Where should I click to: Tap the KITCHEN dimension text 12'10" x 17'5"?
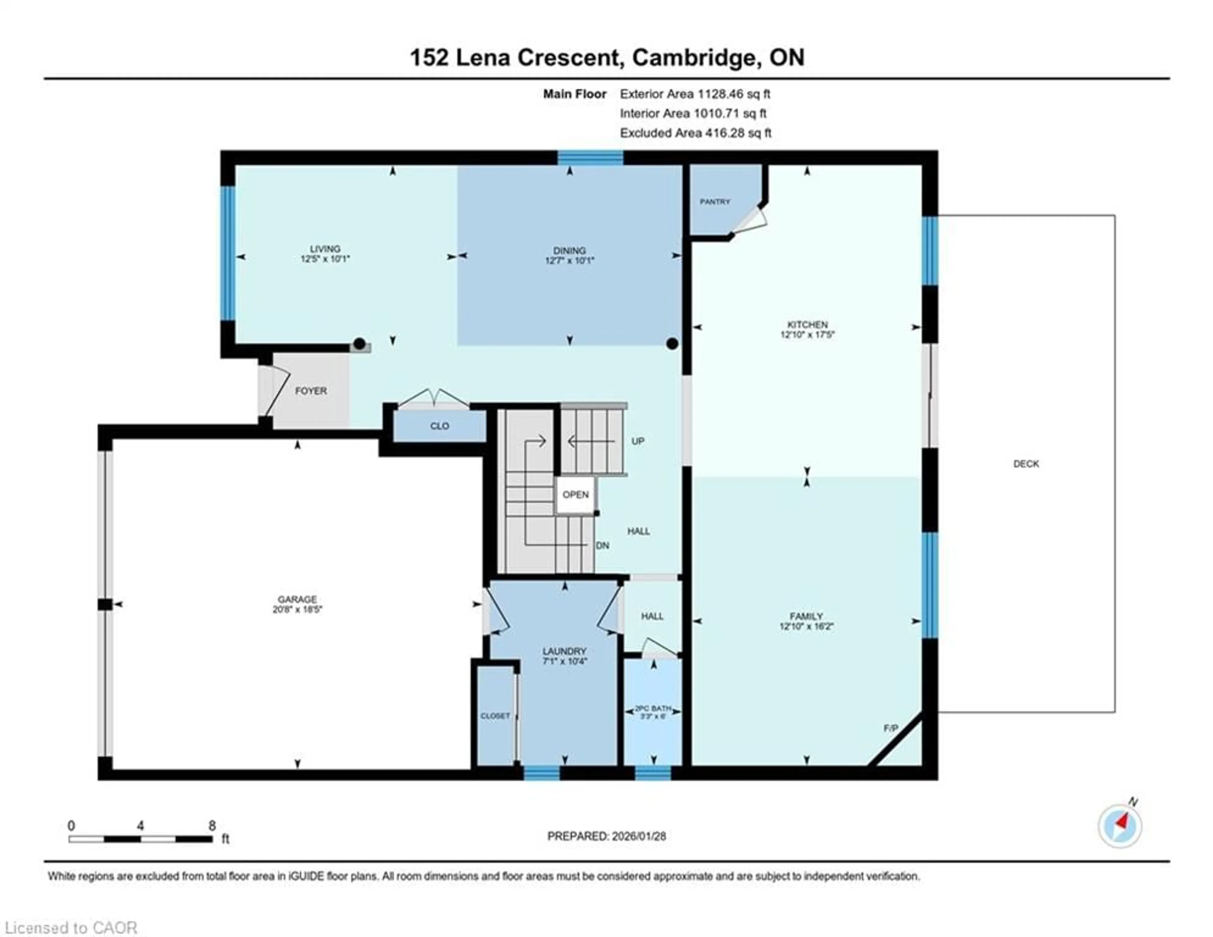pos(807,334)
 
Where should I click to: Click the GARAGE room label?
pos(297,599)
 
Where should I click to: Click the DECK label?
pos(1025,463)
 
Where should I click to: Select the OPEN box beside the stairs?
pos(576,495)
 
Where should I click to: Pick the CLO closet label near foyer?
pos(439,426)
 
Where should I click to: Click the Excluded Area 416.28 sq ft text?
pos(695,133)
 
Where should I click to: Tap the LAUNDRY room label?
pos(564,651)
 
